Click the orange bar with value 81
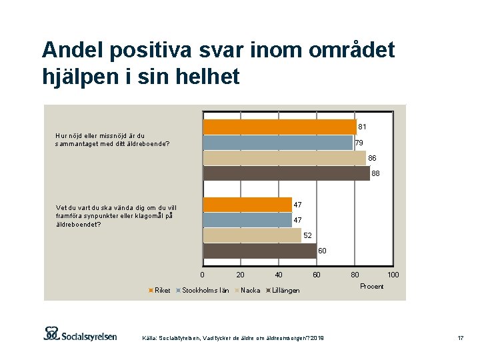point(279,127)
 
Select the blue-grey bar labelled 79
point(277,143)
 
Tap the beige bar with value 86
point(284,158)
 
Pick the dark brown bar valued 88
point(286,173)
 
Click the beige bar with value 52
point(252,235)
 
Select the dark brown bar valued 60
point(259,251)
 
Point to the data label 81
point(362,127)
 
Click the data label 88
point(375,174)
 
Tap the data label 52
point(307,236)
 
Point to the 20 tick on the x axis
point(241,275)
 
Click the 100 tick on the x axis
point(393,275)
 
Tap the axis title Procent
point(371,286)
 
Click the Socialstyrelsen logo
point(80,333)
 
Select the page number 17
point(460,339)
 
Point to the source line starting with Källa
point(233,339)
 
